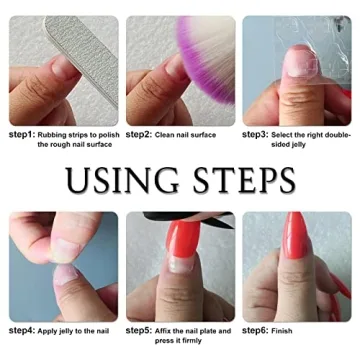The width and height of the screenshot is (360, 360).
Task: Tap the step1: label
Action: click(22, 133)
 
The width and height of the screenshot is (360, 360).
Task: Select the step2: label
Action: click(139, 133)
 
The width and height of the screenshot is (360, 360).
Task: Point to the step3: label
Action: click(255, 133)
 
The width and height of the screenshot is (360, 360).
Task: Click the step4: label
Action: click(22, 330)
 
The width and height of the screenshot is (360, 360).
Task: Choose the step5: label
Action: click(139, 330)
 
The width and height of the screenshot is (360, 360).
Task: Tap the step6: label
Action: click(255, 330)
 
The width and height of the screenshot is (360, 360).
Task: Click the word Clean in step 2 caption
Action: click(165, 133)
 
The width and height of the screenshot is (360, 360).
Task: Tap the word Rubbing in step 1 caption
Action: click(53, 133)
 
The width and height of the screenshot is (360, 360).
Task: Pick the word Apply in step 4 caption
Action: click(50, 330)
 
